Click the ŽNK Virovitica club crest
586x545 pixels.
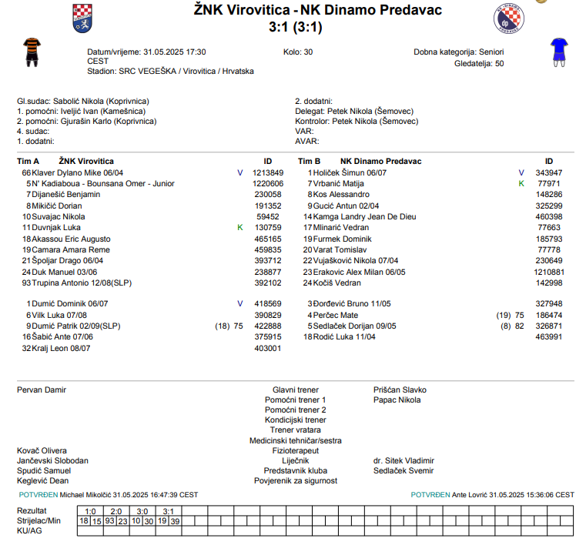pyautogui.click(x=82, y=18)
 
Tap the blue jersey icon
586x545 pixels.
pyautogui.click(x=558, y=50)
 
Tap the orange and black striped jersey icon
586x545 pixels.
pyautogui.click(x=31, y=50)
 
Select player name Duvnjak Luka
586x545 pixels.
pyautogui.click(x=56, y=228)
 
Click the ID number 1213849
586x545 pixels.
pyautogui.click(x=268, y=173)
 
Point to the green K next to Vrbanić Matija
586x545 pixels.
pyautogui.click(x=521, y=184)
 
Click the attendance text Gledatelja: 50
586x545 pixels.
pyautogui.click(x=479, y=63)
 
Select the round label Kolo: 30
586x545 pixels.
pyautogui.click(x=298, y=52)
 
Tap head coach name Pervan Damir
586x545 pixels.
pyautogui.click(x=42, y=390)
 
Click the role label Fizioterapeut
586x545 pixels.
pyautogui.click(x=296, y=450)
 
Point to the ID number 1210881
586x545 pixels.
pyautogui.click(x=549, y=272)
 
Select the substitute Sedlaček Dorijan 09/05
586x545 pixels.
pyautogui.click(x=355, y=326)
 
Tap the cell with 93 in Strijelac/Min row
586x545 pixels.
pyautogui.click(x=110, y=521)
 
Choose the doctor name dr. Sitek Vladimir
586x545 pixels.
pyautogui.click(x=404, y=460)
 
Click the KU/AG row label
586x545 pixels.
pyautogui.click(x=29, y=531)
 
